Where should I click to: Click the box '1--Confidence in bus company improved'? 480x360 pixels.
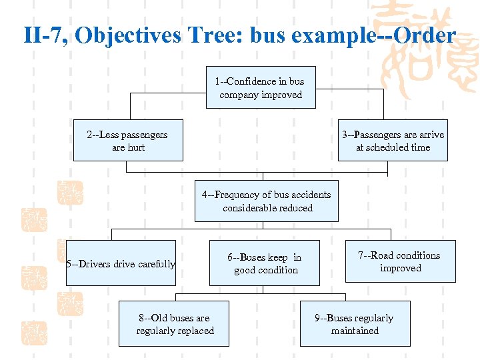[x=260, y=87]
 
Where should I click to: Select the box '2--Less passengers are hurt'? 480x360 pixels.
[x=127, y=141]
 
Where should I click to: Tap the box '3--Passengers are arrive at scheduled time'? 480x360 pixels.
[x=393, y=141]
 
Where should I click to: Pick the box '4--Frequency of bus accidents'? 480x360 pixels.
[x=266, y=201]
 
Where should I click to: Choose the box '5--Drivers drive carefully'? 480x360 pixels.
[x=121, y=263]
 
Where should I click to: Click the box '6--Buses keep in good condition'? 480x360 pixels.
[x=265, y=263]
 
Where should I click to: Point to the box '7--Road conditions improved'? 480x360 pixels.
[x=400, y=261]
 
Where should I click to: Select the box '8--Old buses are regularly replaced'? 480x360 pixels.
[x=174, y=324]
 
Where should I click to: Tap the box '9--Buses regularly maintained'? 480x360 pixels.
[x=355, y=324]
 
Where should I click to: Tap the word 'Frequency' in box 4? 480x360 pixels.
[x=239, y=195]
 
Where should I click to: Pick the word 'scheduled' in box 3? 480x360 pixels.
[x=385, y=147]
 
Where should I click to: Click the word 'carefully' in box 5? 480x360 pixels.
[x=156, y=264]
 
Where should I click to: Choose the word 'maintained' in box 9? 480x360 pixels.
[x=355, y=331]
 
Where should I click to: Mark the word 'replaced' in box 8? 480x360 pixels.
[x=194, y=331]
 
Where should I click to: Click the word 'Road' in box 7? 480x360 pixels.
[x=383, y=255]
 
